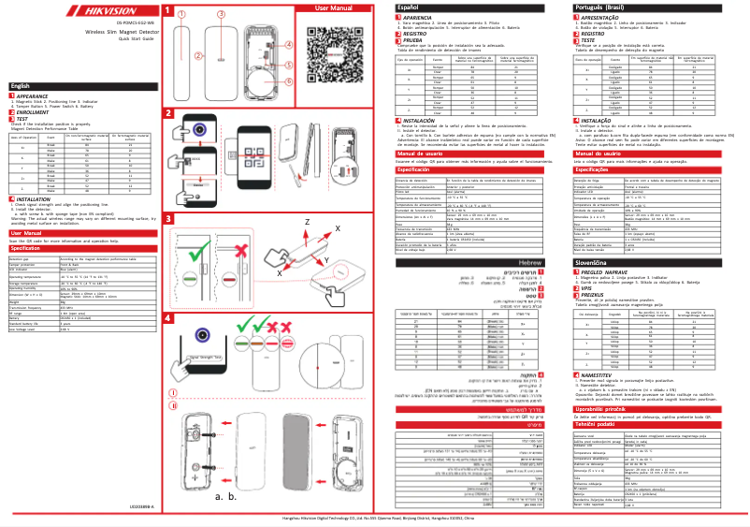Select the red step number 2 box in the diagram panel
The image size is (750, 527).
coord(168,112)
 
